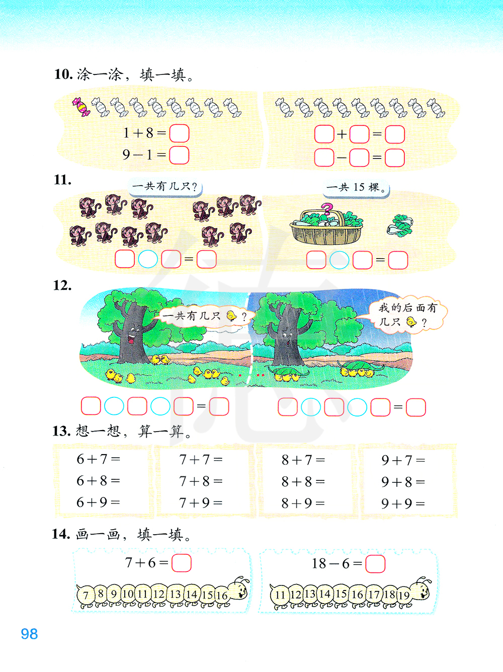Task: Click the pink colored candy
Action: click(x=81, y=107)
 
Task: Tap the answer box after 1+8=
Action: click(x=180, y=133)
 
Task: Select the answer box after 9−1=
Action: click(x=179, y=155)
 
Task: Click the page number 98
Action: click(x=30, y=634)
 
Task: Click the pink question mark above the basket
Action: click(x=327, y=209)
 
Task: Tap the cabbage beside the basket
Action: click(x=400, y=226)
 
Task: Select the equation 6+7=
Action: click(x=98, y=459)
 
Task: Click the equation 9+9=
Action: click(x=403, y=503)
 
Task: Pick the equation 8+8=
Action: click(x=303, y=482)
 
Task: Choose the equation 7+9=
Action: click(x=201, y=503)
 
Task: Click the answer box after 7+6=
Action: click(x=182, y=563)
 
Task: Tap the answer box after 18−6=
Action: click(x=375, y=564)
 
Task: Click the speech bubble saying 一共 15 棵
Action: click(x=357, y=188)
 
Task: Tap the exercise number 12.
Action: click(x=62, y=286)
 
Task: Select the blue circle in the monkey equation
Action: click(x=148, y=260)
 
